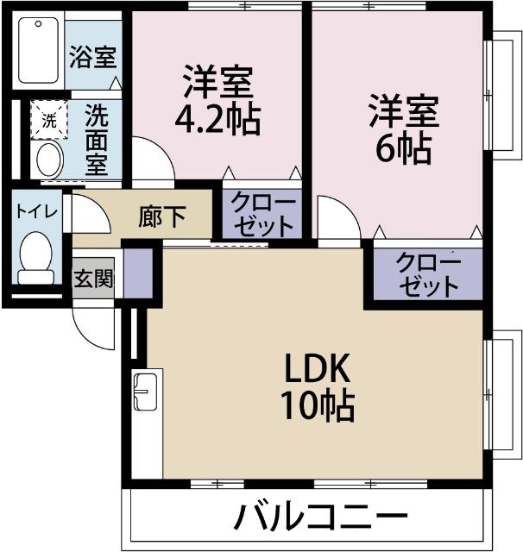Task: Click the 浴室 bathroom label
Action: tap(93, 60)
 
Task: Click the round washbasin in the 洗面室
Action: tap(48, 160)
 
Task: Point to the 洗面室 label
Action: tap(96, 140)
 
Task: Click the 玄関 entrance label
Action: tap(91, 280)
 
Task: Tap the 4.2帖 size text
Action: tap(217, 121)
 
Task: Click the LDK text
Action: tap(317, 370)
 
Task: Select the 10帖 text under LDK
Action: tap(317, 405)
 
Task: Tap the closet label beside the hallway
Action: tap(263, 216)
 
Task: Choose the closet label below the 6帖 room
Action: tap(428, 274)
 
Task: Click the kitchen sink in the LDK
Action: tap(144, 393)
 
